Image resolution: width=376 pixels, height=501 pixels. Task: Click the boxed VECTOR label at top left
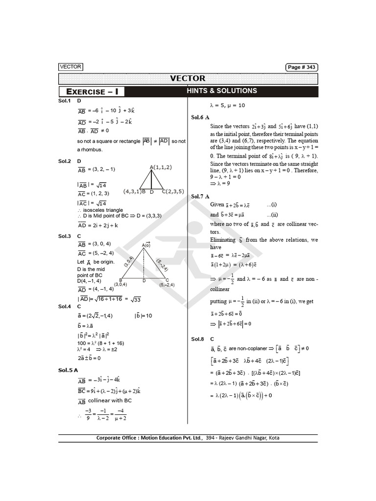coord(70,67)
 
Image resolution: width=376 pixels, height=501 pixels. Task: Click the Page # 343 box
coord(301,67)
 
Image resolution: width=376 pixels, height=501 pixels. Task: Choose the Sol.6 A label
coord(200,117)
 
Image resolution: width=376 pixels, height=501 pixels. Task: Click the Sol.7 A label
coord(200,196)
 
